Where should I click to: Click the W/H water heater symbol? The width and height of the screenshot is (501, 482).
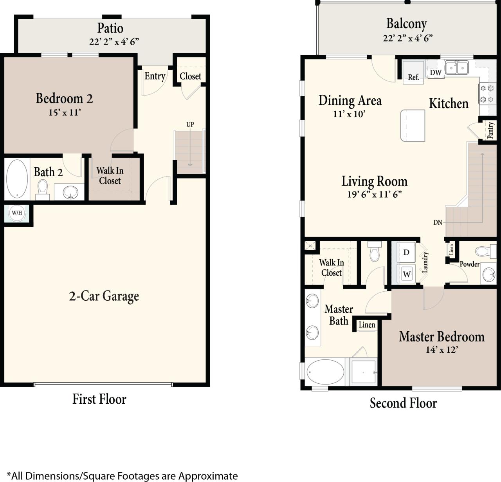[x=17, y=213]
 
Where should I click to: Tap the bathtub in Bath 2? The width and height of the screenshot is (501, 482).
[x=17, y=178]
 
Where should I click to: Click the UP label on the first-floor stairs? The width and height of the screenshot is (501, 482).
[x=190, y=125]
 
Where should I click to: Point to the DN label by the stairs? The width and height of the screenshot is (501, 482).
[x=438, y=222]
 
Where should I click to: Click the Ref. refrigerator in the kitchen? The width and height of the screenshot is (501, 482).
[x=414, y=72]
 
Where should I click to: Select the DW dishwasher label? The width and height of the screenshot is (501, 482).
[x=436, y=72]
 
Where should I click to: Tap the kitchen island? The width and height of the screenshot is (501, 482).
[x=413, y=125]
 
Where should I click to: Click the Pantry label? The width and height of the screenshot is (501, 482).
[x=490, y=130]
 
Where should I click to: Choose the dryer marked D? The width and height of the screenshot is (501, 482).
[x=406, y=252]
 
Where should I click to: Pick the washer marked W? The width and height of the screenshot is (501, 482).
[x=407, y=274]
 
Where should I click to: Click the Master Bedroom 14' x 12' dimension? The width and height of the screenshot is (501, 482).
[x=442, y=350]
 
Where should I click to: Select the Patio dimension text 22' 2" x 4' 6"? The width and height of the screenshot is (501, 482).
[x=114, y=42]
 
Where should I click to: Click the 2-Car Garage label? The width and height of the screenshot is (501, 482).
[x=104, y=296]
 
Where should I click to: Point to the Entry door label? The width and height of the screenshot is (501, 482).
[x=155, y=76]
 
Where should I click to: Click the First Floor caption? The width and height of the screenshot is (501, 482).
[x=99, y=399]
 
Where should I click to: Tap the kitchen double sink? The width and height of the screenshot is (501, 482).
[x=457, y=68]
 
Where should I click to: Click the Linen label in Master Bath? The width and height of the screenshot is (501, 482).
[x=367, y=325]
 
